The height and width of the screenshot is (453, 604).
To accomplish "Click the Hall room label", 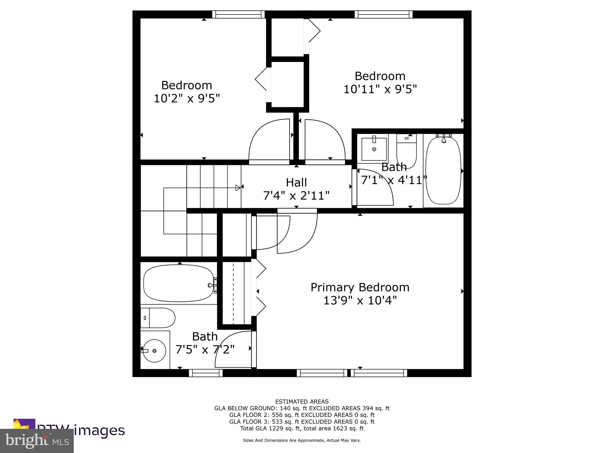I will pyautogui.click(x=296, y=183).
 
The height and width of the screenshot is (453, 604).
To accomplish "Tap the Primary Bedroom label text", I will pyautogui.click(x=360, y=288).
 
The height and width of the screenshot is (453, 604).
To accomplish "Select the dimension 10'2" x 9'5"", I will pyautogui.click(x=187, y=99).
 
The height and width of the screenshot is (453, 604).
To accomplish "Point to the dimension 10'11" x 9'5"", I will pyautogui.click(x=380, y=89).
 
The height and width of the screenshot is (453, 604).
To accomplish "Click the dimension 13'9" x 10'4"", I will pyautogui.click(x=360, y=301).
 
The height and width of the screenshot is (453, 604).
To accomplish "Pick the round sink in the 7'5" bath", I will pyautogui.click(x=154, y=351).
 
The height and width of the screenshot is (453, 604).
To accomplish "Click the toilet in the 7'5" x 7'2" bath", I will pyautogui.click(x=158, y=318).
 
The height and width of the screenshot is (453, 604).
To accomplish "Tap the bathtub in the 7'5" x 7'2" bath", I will pyautogui.click(x=179, y=283).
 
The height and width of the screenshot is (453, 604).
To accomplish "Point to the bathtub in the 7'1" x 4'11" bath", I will pyautogui.click(x=443, y=170).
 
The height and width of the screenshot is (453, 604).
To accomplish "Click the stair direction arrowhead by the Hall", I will pyautogui.click(x=238, y=188).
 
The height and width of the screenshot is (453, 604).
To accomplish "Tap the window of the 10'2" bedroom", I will pyautogui.click(x=238, y=14).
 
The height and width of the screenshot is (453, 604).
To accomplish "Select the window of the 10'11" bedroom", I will pyautogui.click(x=383, y=14).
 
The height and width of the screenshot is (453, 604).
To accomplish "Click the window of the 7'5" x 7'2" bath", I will pyautogui.click(x=206, y=373).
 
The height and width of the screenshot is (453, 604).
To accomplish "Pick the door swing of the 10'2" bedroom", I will pyautogui.click(x=269, y=142).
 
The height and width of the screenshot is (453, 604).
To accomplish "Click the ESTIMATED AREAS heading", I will pyautogui.click(x=302, y=401).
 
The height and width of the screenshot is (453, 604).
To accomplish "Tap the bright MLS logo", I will pyautogui.click(x=37, y=441).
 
